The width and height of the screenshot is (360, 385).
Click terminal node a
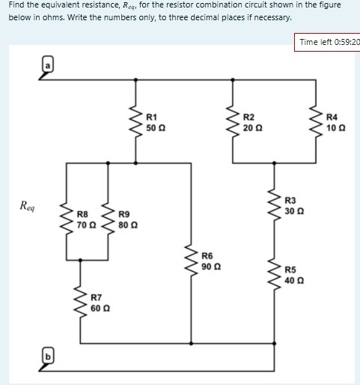tap(46, 66)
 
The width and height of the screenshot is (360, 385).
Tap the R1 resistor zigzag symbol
tap(135, 122)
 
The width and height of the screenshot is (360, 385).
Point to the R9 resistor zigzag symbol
tap(109, 219)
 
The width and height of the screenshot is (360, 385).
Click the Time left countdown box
tap(328, 42)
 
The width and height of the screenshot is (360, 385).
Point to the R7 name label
tap(97, 298)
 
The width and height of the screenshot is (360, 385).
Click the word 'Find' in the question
tap(16, 5)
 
